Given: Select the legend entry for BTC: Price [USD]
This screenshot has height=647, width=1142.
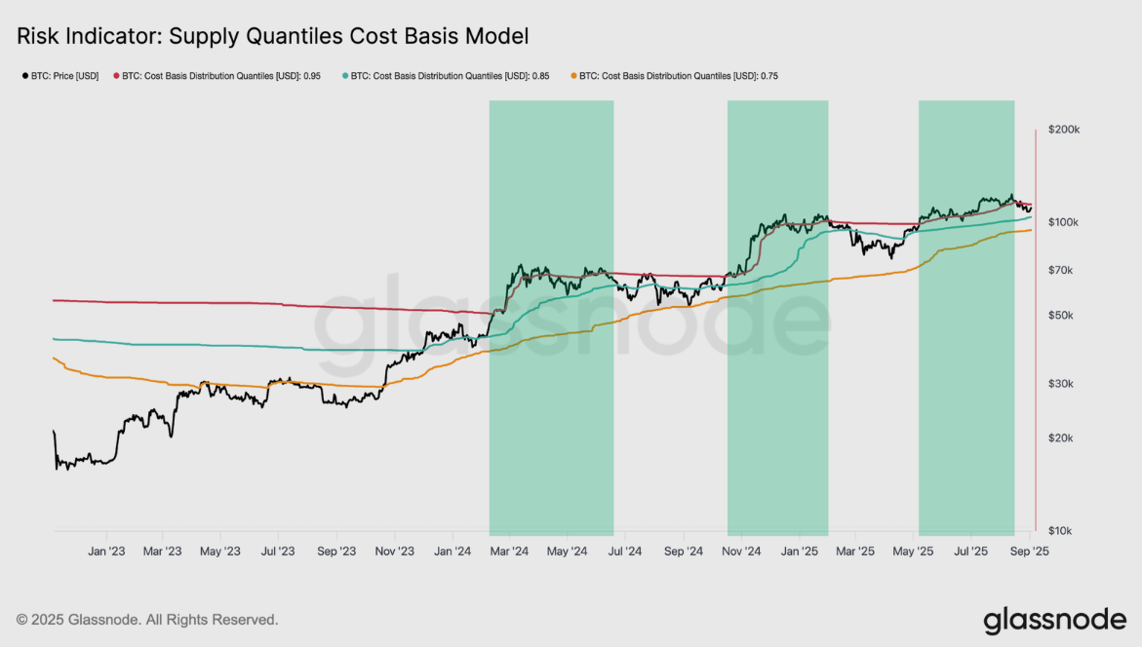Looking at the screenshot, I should (x=60, y=76).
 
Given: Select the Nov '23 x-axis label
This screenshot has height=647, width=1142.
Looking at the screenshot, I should (x=394, y=552).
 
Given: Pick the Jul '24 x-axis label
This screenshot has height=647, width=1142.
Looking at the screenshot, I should (x=624, y=552).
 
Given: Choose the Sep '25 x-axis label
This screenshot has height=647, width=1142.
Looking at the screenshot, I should (x=1029, y=552).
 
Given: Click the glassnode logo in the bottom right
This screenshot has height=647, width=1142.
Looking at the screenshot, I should (x=1054, y=620).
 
